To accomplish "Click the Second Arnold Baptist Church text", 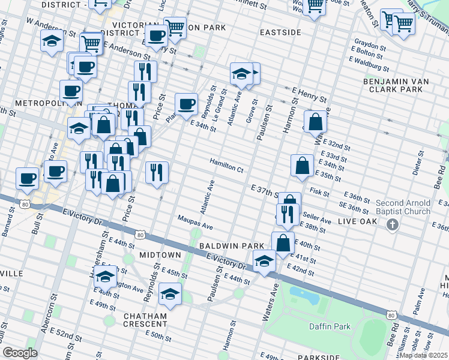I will pyautogui.click(x=403, y=207).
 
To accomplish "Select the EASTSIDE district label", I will pyautogui.click(x=280, y=32).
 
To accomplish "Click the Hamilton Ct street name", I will pyautogui.click(x=226, y=166).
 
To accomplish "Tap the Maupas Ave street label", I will pyautogui.click(x=194, y=223).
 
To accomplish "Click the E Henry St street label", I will pyautogui.click(x=309, y=94).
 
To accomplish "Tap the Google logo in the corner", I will pyautogui.click(x=20, y=353).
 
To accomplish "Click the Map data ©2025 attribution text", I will pyautogui.click(x=424, y=355).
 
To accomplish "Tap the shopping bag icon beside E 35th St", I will pyautogui.click(x=302, y=165).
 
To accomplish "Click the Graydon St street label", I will pyautogui.click(x=370, y=46).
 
